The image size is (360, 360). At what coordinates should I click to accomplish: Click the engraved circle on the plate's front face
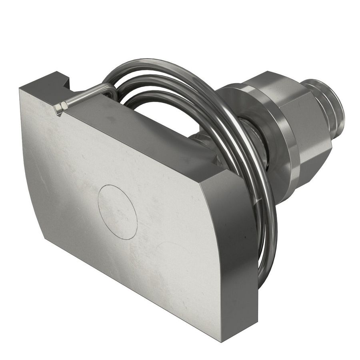tap(117, 212)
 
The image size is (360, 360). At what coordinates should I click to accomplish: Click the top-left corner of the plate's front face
tap(20, 90)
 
